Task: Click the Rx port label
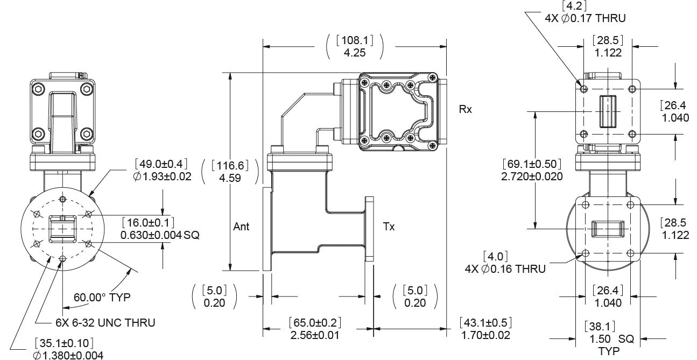click(466, 109)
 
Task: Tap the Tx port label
click(389, 227)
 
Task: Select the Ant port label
click(241, 227)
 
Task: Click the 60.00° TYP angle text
click(102, 297)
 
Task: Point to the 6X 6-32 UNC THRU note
click(105, 323)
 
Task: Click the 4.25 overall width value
click(354, 53)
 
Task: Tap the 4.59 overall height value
click(230, 177)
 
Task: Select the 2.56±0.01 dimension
click(315, 335)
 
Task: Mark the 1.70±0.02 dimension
click(485, 335)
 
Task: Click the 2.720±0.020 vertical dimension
click(532, 177)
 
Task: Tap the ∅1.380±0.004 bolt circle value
click(67, 355)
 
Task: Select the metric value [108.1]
click(354, 40)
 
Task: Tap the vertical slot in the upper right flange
click(607, 111)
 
